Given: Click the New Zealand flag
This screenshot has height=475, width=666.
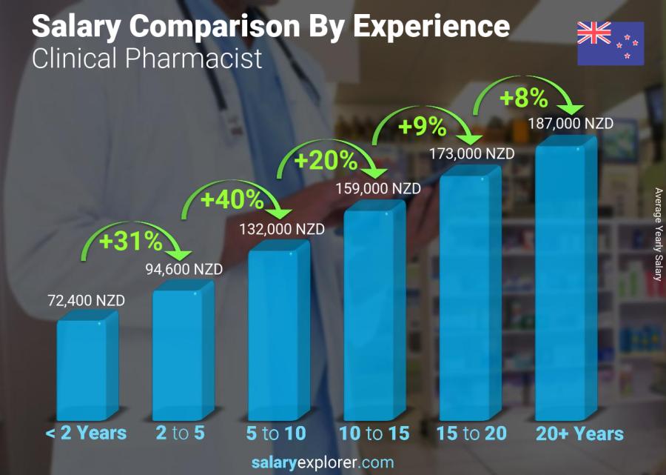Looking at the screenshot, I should tap(610, 44).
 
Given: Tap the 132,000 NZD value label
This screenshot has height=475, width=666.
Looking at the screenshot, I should tap(281, 230).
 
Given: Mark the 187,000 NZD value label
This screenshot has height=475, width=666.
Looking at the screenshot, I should tap(571, 124).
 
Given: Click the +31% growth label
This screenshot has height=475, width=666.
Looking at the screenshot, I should tap(132, 241).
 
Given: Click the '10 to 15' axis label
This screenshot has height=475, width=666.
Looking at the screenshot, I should tap(374, 434).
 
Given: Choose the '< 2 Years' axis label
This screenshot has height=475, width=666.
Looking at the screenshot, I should tap(87, 434).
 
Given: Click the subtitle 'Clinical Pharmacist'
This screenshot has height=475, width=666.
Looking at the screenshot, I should tap(147, 59).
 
